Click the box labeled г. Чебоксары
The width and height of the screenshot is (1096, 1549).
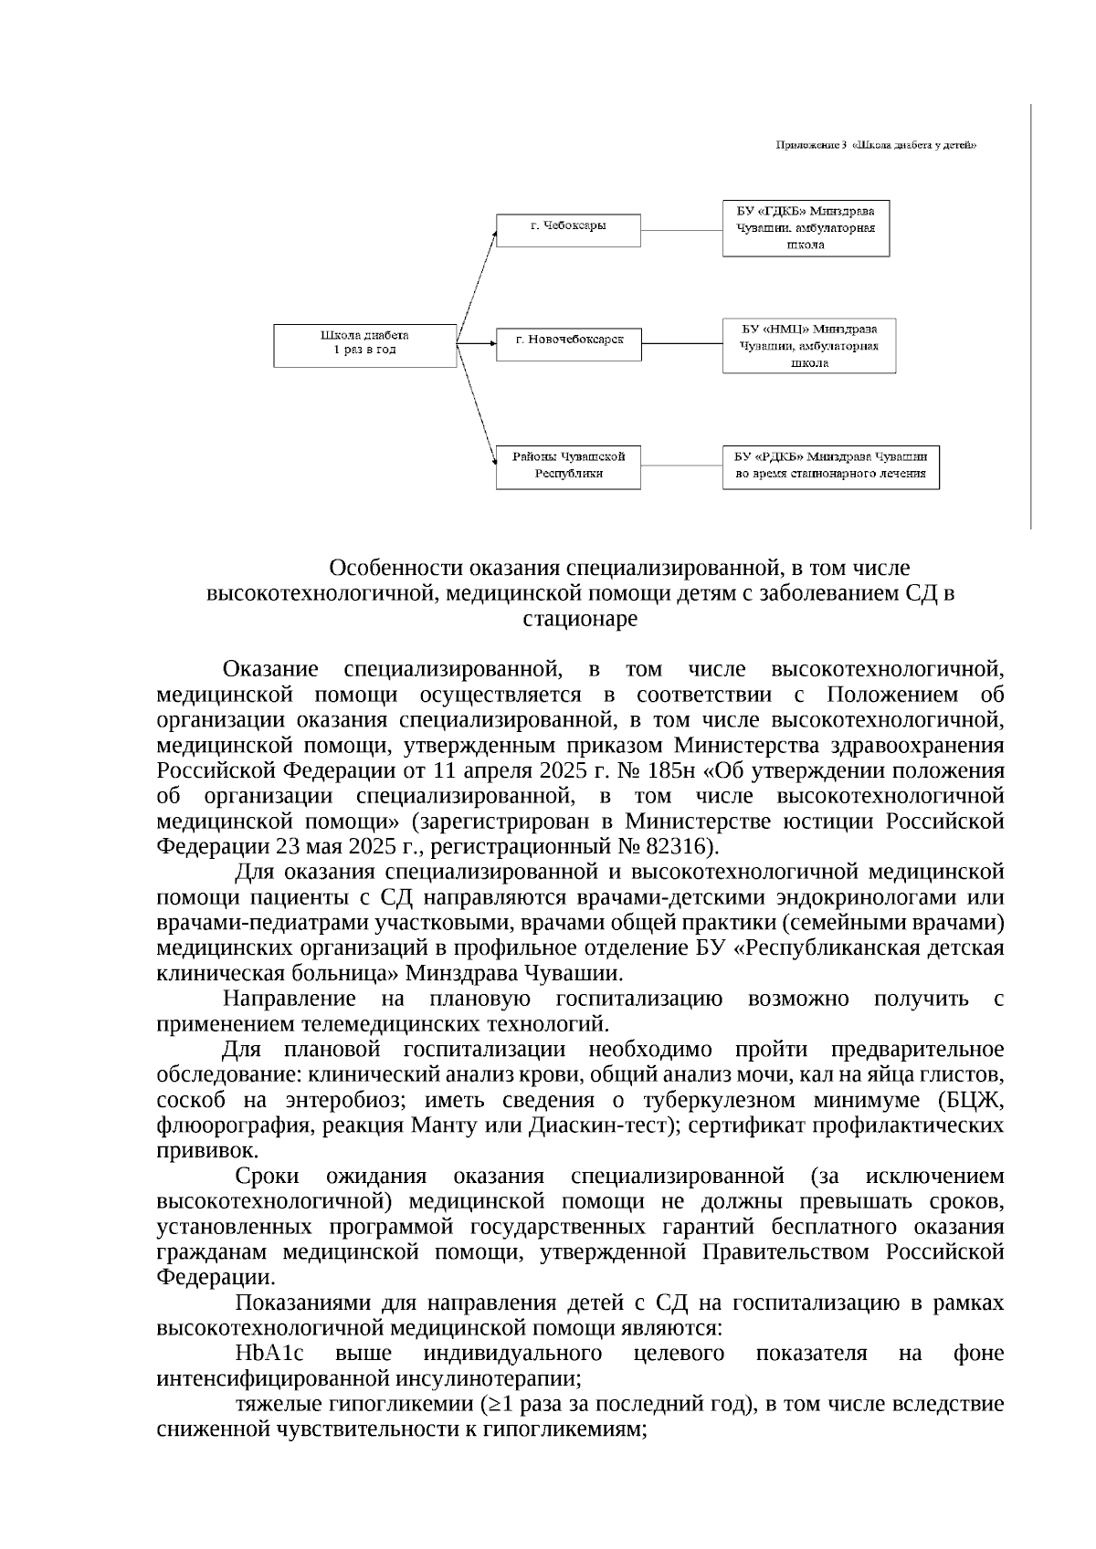[568, 229]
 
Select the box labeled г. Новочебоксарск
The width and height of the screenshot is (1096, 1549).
[568, 344]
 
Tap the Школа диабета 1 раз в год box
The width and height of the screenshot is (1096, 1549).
[364, 345]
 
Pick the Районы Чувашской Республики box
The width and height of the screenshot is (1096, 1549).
[568, 466]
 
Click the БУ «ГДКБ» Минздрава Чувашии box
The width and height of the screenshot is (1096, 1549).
[806, 228]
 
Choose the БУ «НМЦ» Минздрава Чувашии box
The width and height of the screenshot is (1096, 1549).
[808, 345]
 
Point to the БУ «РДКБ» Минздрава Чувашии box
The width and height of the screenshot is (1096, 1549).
[830, 466]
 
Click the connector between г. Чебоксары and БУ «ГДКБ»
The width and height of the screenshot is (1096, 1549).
[681, 229]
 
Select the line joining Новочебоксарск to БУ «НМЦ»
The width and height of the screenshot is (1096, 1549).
[681, 344]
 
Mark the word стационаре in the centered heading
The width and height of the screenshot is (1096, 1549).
[580, 620]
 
